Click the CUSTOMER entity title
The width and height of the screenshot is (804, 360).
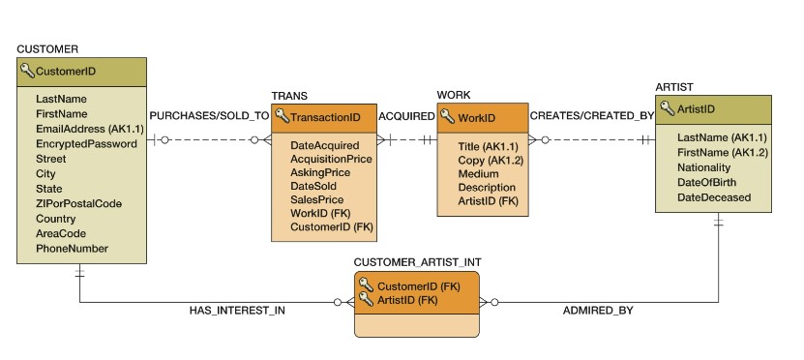47,49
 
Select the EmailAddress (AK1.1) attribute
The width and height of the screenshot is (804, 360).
90,129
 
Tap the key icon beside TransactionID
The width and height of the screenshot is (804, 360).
282,116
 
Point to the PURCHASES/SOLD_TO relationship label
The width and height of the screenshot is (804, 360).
209,116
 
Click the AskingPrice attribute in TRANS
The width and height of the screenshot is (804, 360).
320,172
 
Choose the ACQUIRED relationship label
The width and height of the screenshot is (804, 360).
406,116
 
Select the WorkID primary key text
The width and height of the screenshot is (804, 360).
476,118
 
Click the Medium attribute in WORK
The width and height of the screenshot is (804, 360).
478,174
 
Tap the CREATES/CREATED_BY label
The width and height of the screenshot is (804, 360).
592,116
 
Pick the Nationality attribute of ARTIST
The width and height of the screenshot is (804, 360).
703,167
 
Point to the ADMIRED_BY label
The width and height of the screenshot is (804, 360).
598,311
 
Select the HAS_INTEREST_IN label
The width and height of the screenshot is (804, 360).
237,311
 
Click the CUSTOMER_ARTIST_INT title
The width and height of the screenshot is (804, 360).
417,262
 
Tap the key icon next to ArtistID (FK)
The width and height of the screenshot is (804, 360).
366,299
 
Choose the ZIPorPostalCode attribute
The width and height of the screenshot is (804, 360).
79,203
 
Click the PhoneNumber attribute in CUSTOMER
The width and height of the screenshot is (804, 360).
72,249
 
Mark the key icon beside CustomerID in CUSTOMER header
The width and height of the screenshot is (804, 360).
27,71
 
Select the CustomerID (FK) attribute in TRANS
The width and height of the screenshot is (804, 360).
331,227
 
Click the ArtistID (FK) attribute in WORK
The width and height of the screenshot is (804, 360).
489,201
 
